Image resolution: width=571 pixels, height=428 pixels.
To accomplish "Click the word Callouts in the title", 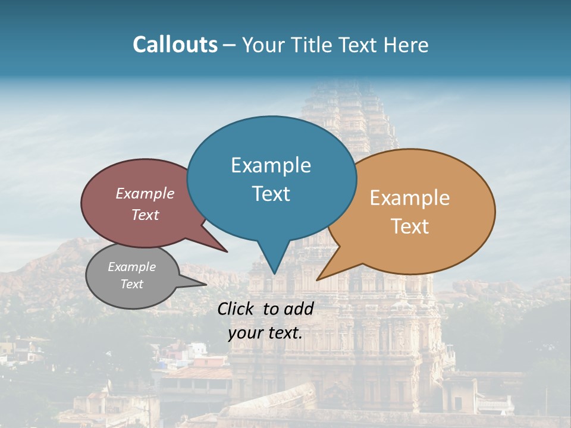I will pyautogui.click(x=175, y=45).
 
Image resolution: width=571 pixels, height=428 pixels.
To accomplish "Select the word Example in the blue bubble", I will pyautogui.click(x=271, y=165).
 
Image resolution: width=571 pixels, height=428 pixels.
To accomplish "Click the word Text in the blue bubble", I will pyautogui.click(x=271, y=194).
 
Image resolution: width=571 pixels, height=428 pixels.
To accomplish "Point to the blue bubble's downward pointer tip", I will pyautogui.click(x=274, y=273).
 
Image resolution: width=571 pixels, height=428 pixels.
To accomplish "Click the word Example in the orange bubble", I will pyautogui.click(x=410, y=198).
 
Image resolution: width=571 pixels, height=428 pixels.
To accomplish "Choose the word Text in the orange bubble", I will pyautogui.click(x=410, y=226).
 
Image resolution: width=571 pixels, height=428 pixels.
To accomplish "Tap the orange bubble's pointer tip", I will pyautogui.click(x=317, y=279).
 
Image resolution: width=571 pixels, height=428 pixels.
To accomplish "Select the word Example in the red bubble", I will pyautogui.click(x=145, y=193).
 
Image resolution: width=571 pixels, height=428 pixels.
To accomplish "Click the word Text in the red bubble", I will pyautogui.click(x=145, y=215).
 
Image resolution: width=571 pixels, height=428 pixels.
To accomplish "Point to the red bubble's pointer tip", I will pyautogui.click(x=227, y=251).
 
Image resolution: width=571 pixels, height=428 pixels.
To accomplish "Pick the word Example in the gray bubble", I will pyautogui.click(x=131, y=267).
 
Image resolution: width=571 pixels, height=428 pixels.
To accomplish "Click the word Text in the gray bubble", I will pyautogui.click(x=131, y=284).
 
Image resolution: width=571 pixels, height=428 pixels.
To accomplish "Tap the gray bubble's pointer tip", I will pyautogui.click(x=206, y=285).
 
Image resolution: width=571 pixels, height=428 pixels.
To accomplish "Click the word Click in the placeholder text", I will pyautogui.click(x=237, y=309).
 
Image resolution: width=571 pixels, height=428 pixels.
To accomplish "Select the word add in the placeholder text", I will pyautogui.click(x=299, y=309).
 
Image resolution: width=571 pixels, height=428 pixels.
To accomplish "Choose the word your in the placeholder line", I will pyautogui.click(x=246, y=333).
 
